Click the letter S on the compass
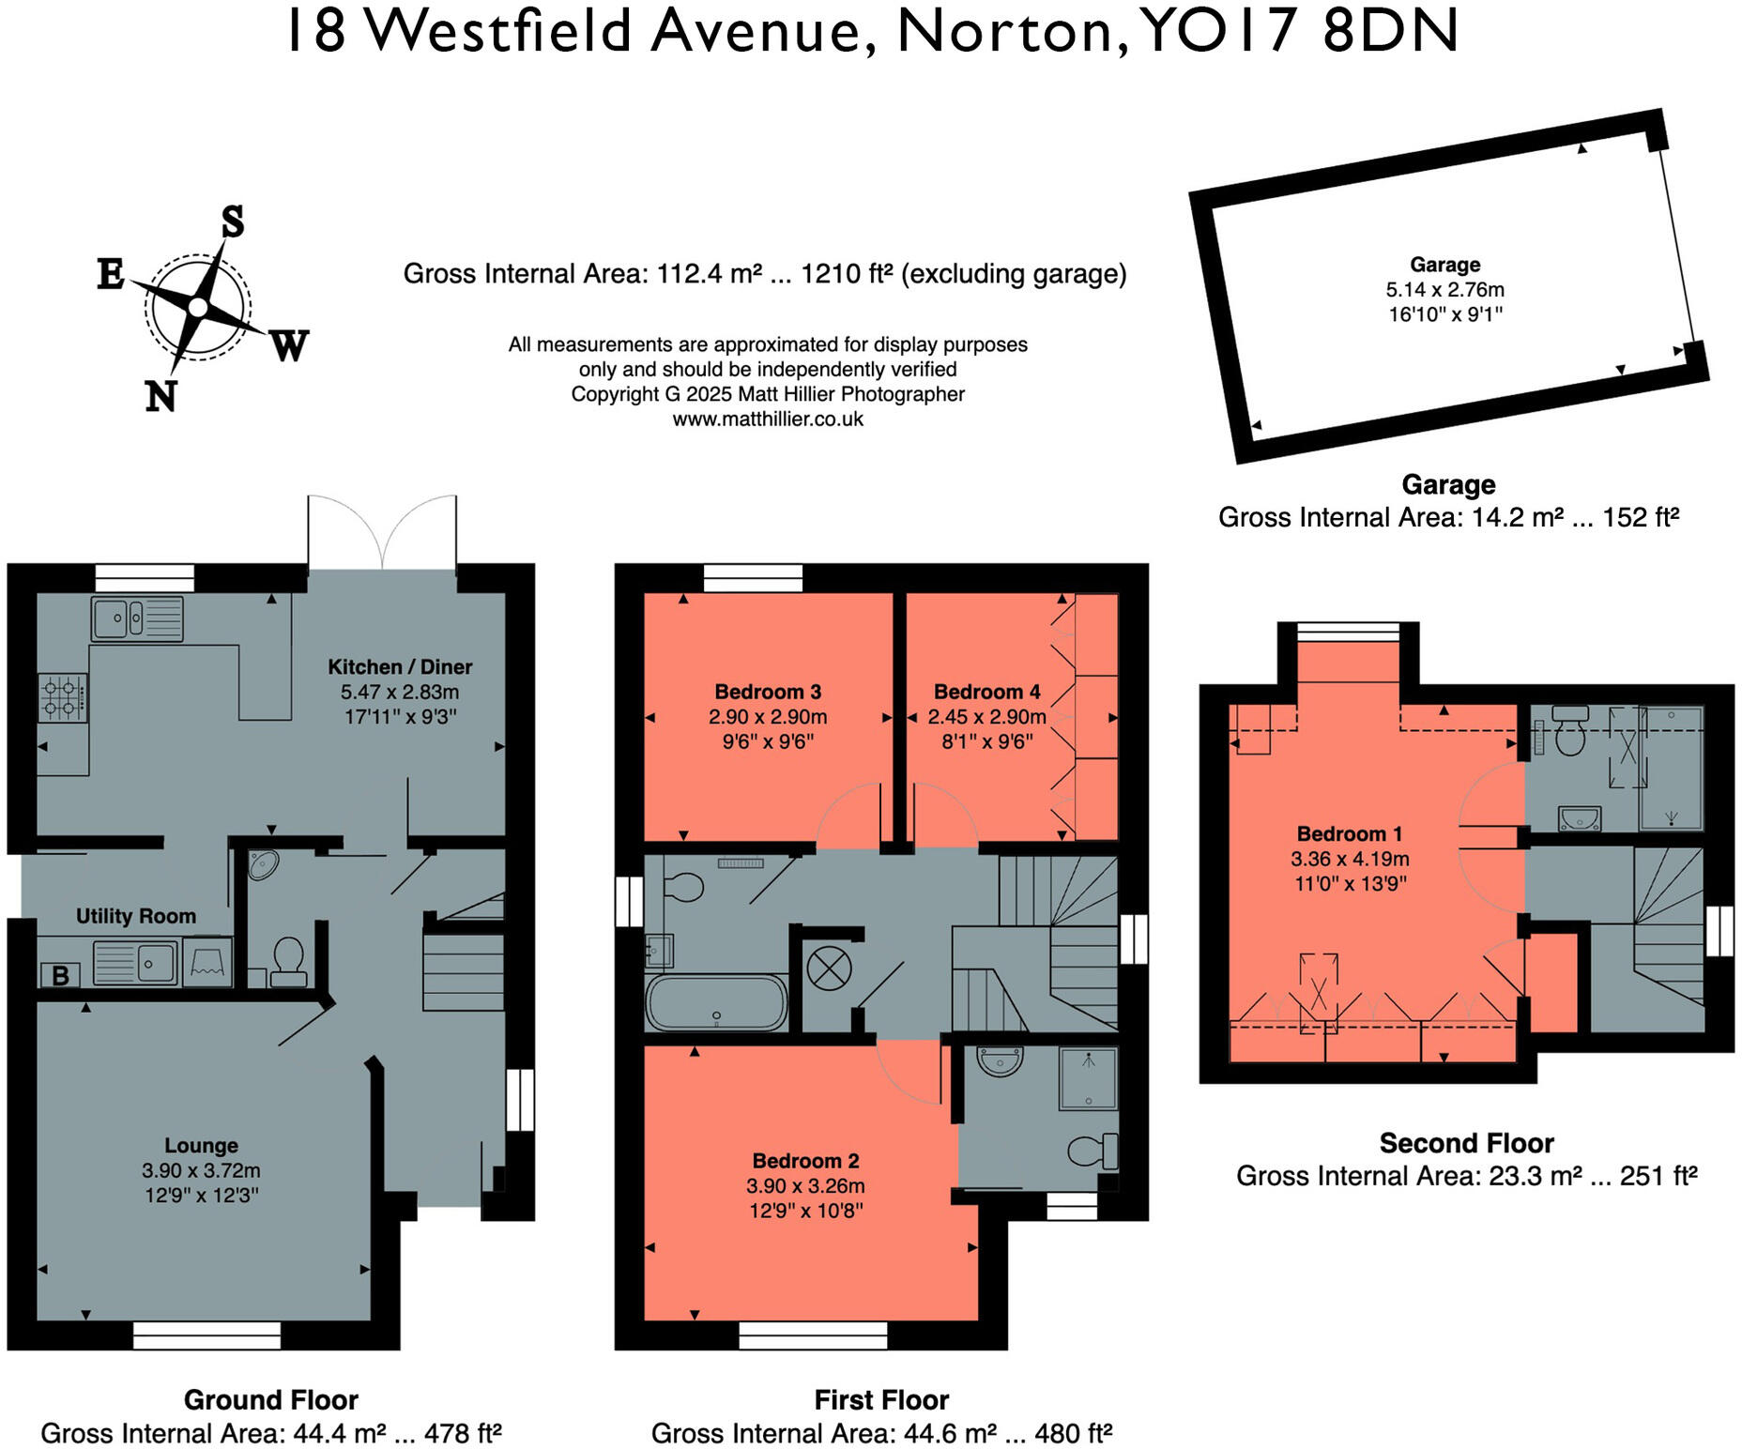[x=232, y=222]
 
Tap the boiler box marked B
[x=60, y=975]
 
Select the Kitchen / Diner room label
[x=399, y=666]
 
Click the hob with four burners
[x=62, y=697]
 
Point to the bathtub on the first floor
[x=716, y=1003]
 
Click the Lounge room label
[x=201, y=1145]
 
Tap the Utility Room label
[x=136, y=916]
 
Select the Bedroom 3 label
[x=767, y=692]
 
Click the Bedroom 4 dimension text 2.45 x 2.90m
[x=986, y=717]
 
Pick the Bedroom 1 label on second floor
[x=1349, y=833]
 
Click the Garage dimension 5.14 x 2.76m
[x=1444, y=289]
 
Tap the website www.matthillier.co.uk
[x=767, y=419]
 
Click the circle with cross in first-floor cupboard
[x=829, y=969]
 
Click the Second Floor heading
[x=1466, y=1143]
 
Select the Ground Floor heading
[x=270, y=1399]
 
